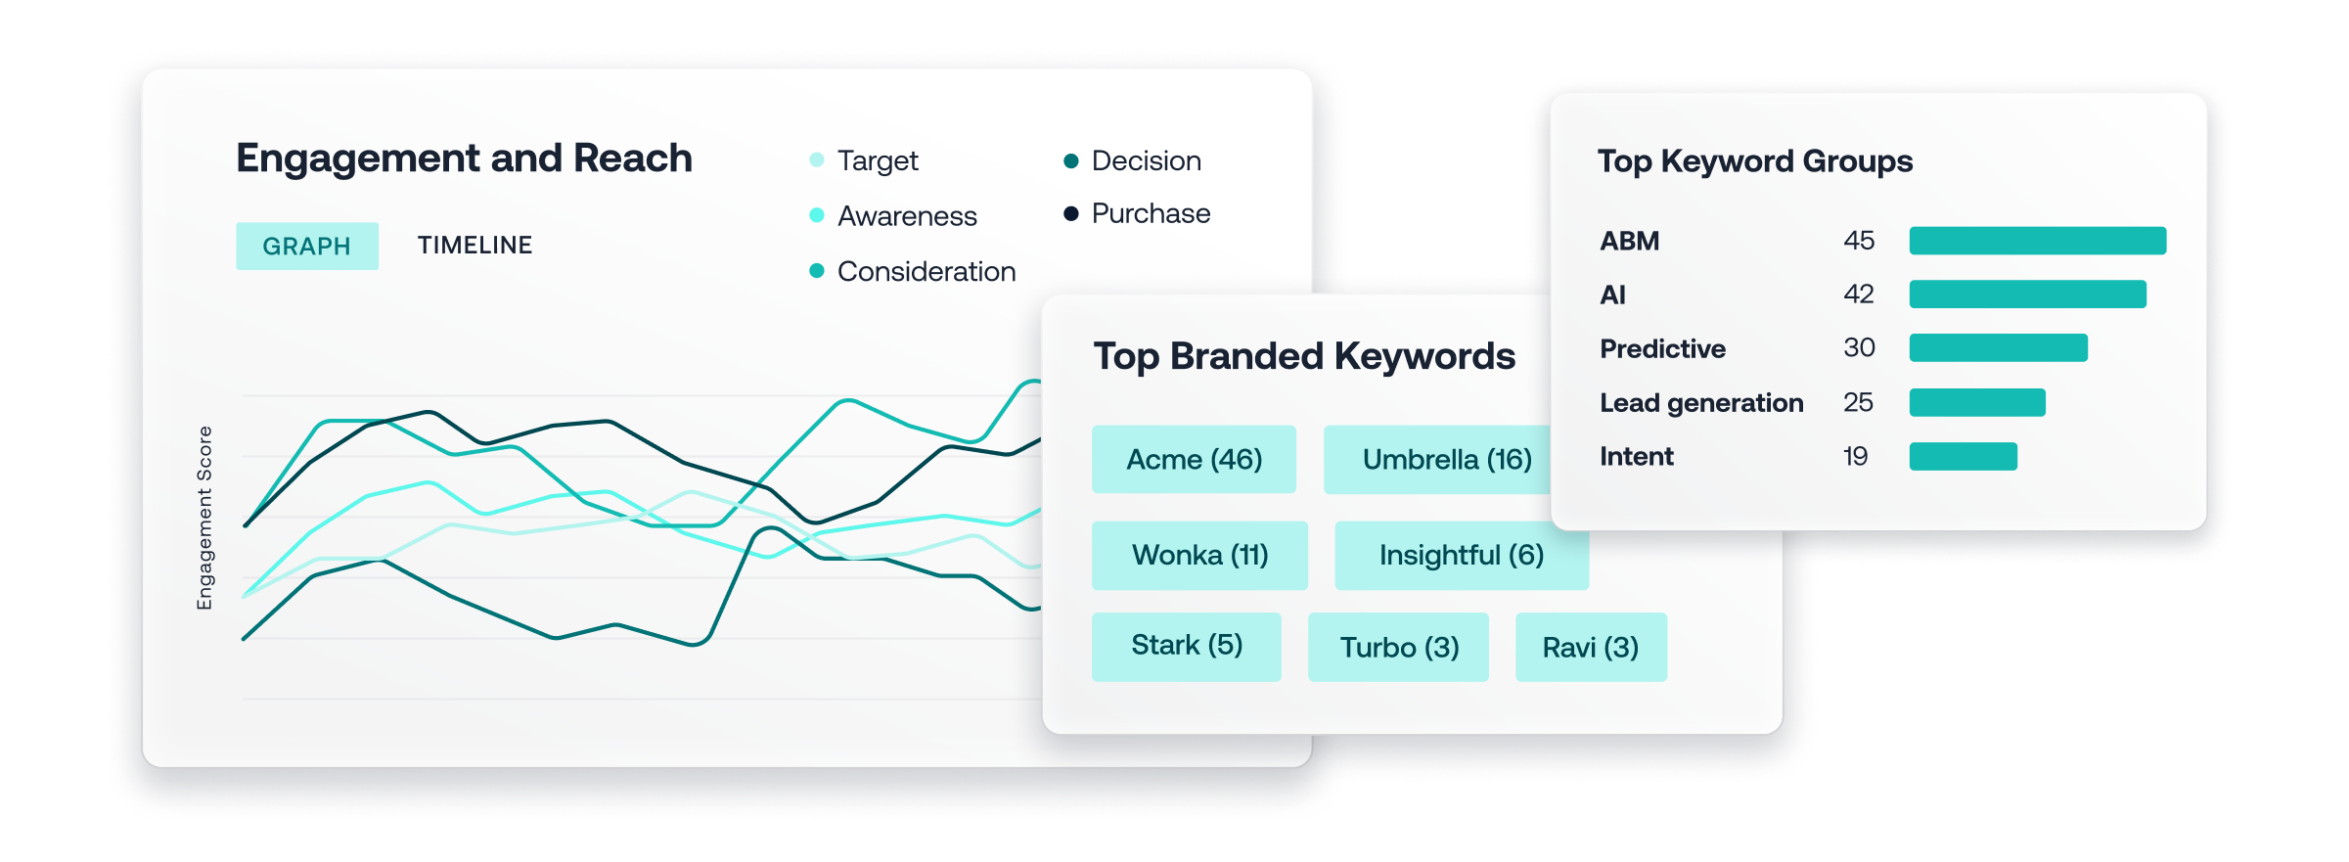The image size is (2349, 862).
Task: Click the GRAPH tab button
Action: point(307,246)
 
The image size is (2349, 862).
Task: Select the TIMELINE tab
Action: point(474,245)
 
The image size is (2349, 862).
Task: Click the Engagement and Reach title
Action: point(464,159)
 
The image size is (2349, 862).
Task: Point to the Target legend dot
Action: point(817,159)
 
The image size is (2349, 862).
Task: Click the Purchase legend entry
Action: point(1137,213)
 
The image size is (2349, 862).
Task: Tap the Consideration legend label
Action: point(926,271)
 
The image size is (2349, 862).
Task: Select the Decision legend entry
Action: point(1132,160)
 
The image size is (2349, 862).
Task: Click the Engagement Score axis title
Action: point(204,518)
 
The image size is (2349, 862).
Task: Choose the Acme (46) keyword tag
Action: point(1194,459)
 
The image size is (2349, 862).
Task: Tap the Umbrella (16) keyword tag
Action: point(1438,459)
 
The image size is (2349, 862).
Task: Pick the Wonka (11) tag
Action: point(1199,555)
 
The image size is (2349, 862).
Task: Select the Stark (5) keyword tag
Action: point(1186,646)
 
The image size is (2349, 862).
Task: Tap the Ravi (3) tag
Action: point(1591,647)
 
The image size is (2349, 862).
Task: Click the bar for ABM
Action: point(2038,241)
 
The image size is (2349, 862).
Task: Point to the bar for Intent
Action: point(1964,456)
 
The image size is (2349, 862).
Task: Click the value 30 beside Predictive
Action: point(1859,348)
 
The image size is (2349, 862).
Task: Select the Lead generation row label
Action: point(1701,403)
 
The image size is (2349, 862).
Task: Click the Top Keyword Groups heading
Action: point(1755,161)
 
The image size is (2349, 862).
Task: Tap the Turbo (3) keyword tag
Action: point(1398,647)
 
